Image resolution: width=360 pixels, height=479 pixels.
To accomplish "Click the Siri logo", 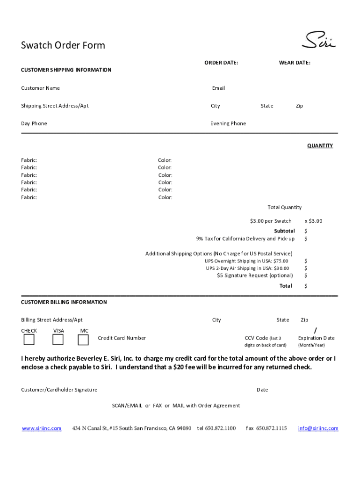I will [x=319, y=40].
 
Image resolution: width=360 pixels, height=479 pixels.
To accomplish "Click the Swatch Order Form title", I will [x=63, y=45].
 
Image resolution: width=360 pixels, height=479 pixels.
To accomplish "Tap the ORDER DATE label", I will [x=221, y=62].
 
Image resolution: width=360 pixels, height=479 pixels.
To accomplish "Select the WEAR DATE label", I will [x=295, y=62].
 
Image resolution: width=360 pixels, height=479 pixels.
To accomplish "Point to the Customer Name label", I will [x=40, y=88].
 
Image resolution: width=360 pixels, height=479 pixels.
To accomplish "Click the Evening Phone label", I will [x=228, y=123].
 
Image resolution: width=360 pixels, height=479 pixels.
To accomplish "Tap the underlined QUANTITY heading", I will [x=320, y=145].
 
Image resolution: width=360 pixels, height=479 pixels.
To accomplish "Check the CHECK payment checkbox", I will [x=29, y=340].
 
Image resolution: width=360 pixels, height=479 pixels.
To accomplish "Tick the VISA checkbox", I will [x=58, y=340].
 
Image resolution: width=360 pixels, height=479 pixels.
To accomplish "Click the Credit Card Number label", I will [x=122, y=338].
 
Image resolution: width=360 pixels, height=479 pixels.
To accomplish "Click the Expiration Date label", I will [x=316, y=338].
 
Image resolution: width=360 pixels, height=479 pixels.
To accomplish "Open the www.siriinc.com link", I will [x=42, y=428].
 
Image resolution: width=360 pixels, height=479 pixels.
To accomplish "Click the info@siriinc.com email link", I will [x=318, y=428].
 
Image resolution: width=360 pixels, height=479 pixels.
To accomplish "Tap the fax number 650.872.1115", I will [x=266, y=428].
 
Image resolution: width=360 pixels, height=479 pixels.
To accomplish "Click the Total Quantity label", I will [x=284, y=207].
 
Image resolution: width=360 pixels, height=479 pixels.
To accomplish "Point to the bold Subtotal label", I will [x=284, y=231].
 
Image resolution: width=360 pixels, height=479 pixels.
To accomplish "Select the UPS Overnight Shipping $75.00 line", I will [x=246, y=261].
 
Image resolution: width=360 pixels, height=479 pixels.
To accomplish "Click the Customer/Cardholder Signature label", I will [x=59, y=390].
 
